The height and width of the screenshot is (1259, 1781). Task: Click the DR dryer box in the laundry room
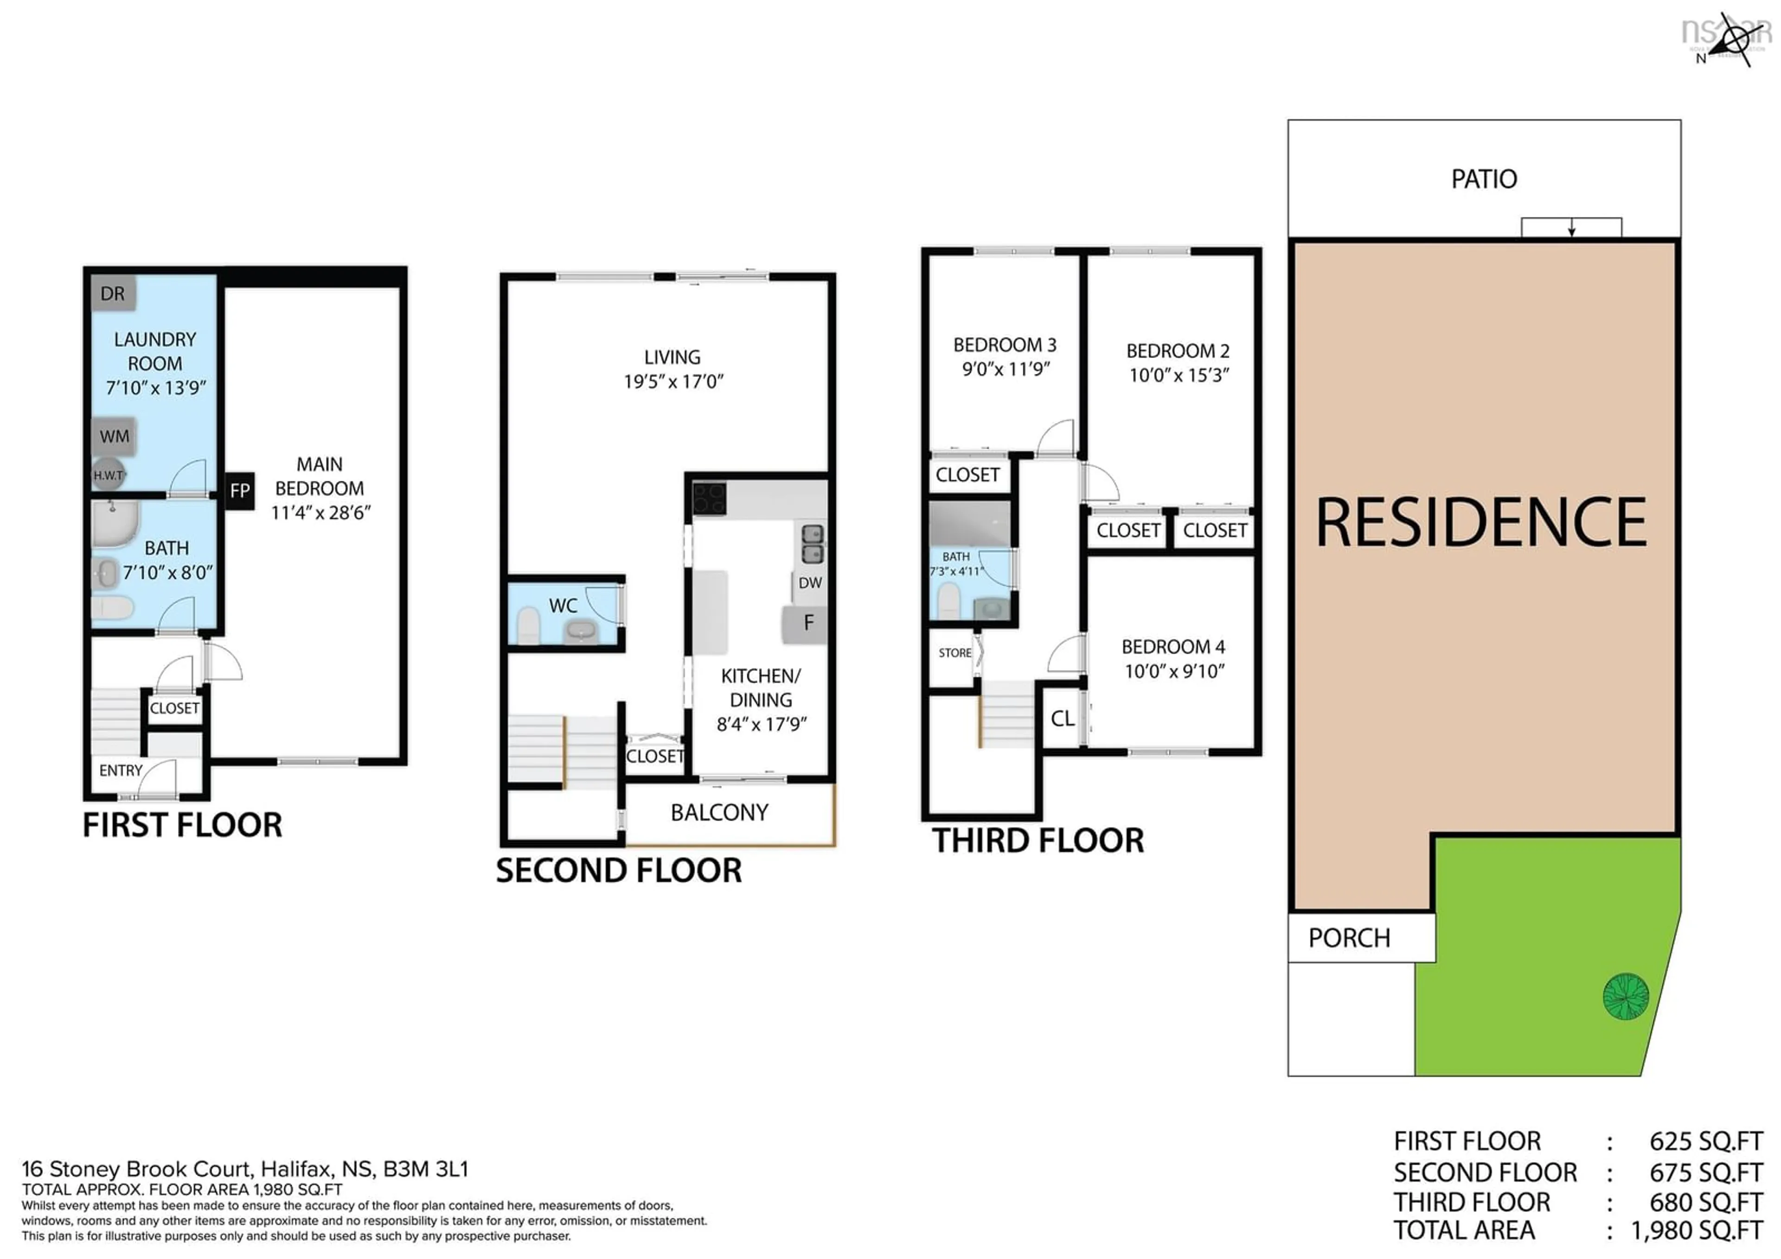pyautogui.click(x=113, y=293)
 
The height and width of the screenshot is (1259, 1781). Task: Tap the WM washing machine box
pyautogui.click(x=114, y=436)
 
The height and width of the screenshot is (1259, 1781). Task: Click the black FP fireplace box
pyautogui.click(x=240, y=490)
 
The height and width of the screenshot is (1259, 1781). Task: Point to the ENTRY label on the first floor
pyautogui.click(x=121, y=771)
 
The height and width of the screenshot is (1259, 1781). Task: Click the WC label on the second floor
pyautogui.click(x=563, y=606)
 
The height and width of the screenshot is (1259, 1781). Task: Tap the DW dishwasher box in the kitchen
pyautogui.click(x=810, y=583)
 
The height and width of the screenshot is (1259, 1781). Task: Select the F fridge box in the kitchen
pyautogui.click(x=806, y=623)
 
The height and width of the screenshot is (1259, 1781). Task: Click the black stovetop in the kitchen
pyautogui.click(x=709, y=499)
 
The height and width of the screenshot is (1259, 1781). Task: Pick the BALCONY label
pyautogui.click(x=719, y=812)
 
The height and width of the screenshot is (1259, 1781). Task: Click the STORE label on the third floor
pyautogui.click(x=955, y=653)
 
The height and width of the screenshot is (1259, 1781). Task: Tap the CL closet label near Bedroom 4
pyautogui.click(x=1063, y=718)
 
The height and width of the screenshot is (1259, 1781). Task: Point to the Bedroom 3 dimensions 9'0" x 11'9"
pyautogui.click(x=1006, y=369)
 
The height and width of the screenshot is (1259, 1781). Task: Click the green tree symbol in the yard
pyautogui.click(x=1626, y=996)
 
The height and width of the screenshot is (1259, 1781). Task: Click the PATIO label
pyautogui.click(x=1484, y=179)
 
